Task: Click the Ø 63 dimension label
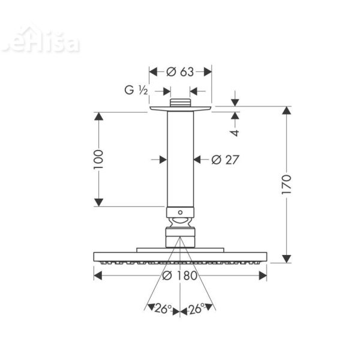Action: coord(180,72)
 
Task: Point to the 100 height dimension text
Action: coord(99,159)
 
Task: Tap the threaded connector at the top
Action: coord(180,103)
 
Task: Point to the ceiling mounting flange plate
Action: coord(180,109)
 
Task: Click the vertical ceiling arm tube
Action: coord(180,159)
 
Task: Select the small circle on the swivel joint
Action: coord(180,212)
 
